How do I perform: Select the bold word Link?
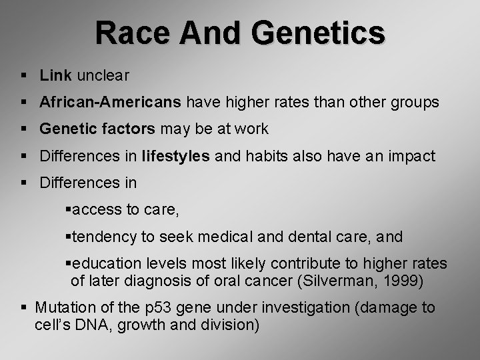[x=55, y=76]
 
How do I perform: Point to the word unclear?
[x=103, y=76]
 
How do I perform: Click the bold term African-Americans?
[x=110, y=103]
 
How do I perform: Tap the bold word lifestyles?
[x=176, y=157]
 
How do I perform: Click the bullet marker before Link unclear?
[x=23, y=76]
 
